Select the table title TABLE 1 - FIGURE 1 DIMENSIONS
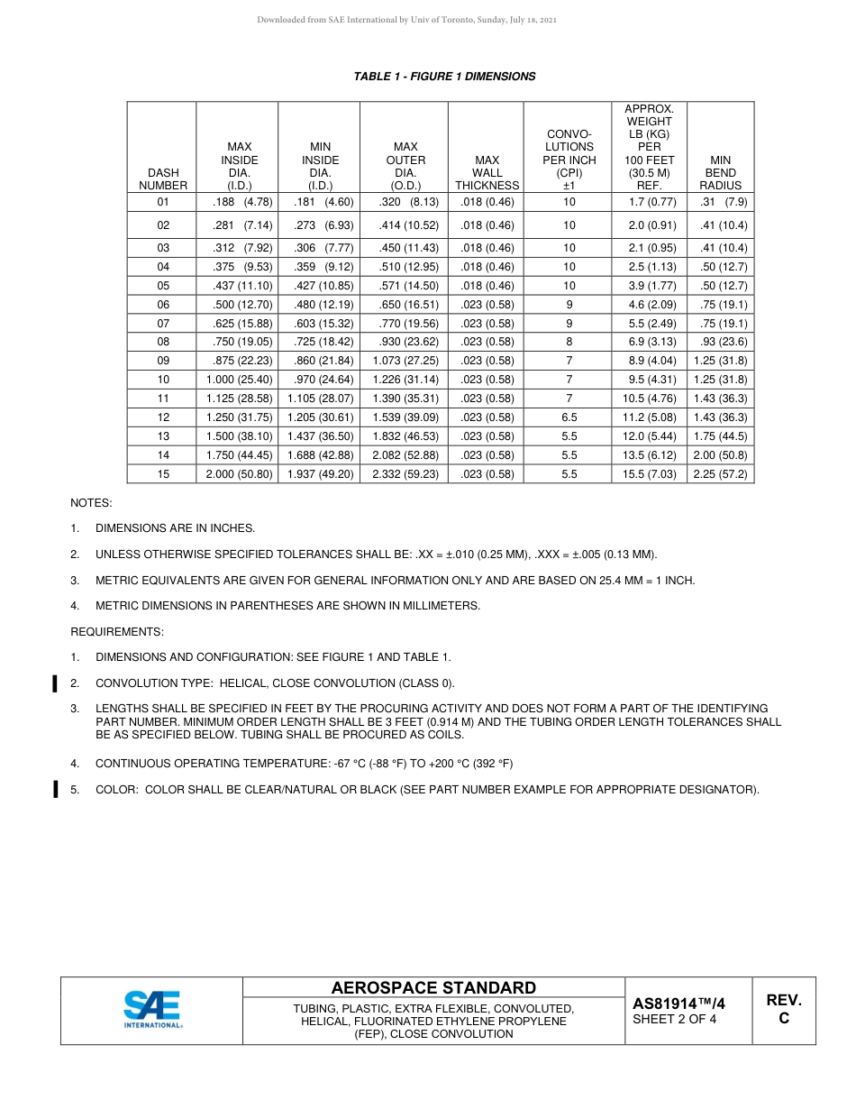[x=444, y=77]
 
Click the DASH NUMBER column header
[x=163, y=179]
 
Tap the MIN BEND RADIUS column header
[x=720, y=172]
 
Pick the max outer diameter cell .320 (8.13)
[x=405, y=202]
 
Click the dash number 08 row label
[x=163, y=342]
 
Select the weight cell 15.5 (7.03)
[x=649, y=473]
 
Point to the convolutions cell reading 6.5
[x=569, y=417]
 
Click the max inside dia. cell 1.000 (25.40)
[x=238, y=380]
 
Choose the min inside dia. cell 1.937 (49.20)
[x=320, y=473]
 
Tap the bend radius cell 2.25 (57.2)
[x=720, y=473]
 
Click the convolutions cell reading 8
[x=569, y=342]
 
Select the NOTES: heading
[x=91, y=503]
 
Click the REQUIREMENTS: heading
[x=117, y=632]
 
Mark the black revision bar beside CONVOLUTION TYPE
[x=56, y=683]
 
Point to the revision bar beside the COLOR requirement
[x=56, y=790]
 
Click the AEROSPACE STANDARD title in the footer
[x=433, y=988]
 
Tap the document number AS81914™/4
[x=678, y=1003]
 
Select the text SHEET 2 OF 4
[x=674, y=1020]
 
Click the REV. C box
[x=783, y=1009]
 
